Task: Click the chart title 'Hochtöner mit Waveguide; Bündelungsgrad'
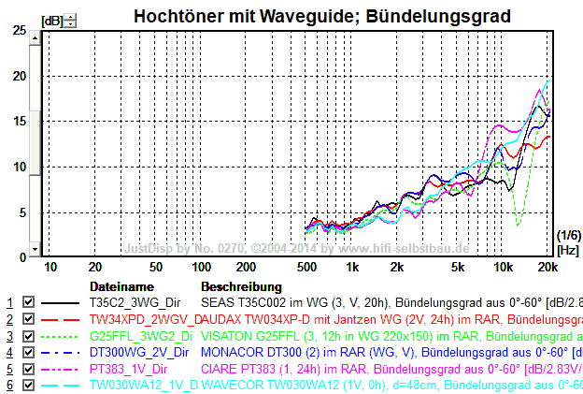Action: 321,16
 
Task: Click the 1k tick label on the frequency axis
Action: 352,268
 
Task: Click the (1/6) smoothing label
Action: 567,234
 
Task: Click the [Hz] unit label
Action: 567,250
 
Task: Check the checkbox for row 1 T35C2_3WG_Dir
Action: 28,302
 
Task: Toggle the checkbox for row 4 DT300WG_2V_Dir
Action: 28,352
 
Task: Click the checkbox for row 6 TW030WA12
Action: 28,385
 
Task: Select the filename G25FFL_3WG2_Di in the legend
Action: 140,336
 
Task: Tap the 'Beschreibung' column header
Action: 241,286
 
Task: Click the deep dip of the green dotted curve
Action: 519,223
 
